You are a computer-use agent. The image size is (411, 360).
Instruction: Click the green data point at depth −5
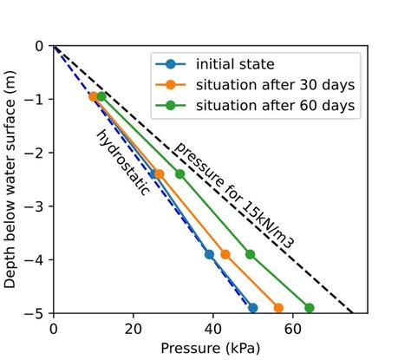click(x=309, y=308)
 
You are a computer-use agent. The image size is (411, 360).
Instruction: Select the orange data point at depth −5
click(x=278, y=308)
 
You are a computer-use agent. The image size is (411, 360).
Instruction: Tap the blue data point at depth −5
click(x=252, y=308)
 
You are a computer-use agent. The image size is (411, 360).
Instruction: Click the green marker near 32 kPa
click(x=180, y=173)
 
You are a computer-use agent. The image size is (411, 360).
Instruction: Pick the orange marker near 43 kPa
click(x=225, y=254)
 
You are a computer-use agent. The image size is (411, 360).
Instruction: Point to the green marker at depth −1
click(x=101, y=96)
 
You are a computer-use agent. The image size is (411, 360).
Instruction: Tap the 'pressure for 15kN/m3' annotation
click(x=233, y=194)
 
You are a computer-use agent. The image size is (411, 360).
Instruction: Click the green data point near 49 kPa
click(x=251, y=254)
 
